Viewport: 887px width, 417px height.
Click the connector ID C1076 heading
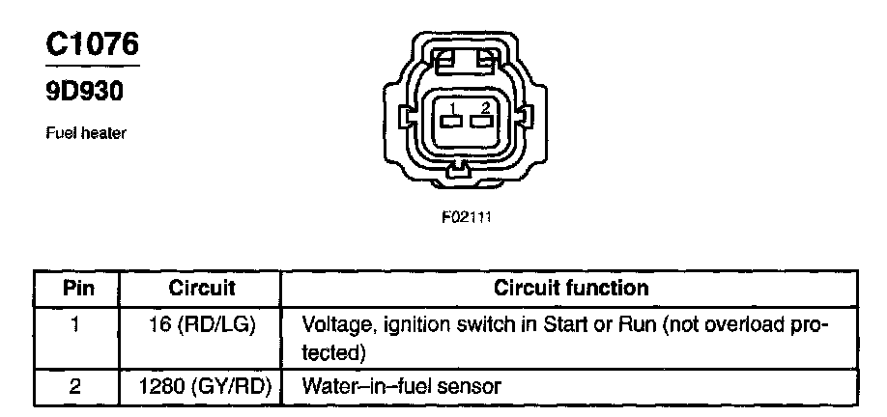93,43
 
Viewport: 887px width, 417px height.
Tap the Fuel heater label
86,133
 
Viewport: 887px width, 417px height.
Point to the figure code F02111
467,217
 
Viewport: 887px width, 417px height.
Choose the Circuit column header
202,288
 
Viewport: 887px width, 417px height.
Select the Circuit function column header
571,288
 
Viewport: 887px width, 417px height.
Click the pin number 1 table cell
76,324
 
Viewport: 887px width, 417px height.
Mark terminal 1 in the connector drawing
448,121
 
